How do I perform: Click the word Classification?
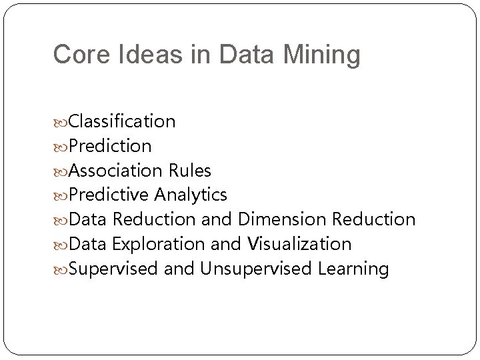122,121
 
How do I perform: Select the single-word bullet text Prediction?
110,146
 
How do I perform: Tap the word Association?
115,171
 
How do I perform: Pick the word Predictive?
110,195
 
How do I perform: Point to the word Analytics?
191,195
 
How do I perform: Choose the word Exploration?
159,244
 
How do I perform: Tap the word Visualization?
299,244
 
